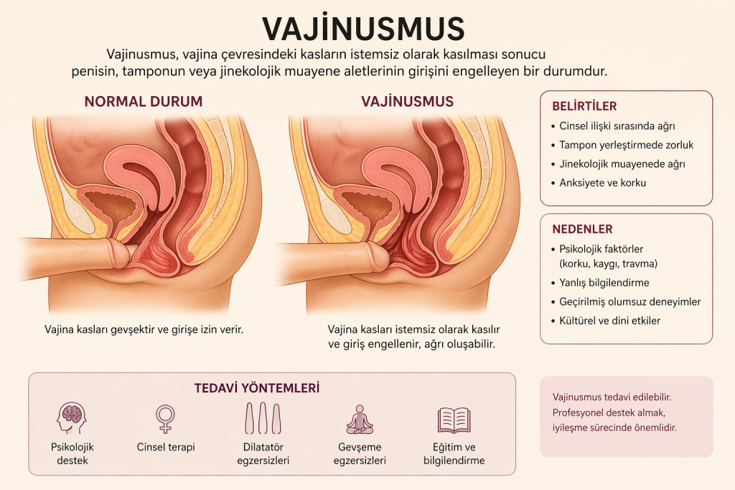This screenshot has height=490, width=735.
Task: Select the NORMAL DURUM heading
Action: (x=144, y=101)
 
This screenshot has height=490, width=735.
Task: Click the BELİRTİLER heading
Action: (x=584, y=106)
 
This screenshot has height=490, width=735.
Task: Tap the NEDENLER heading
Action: (x=582, y=230)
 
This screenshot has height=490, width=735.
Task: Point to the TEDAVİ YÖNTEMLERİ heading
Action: (x=257, y=388)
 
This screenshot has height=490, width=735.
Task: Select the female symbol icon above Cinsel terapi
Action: (x=166, y=418)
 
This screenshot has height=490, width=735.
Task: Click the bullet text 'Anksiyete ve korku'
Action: (x=603, y=182)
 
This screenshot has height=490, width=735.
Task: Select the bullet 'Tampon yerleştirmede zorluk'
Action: (x=627, y=145)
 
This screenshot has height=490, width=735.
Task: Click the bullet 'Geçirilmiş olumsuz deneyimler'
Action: (x=630, y=301)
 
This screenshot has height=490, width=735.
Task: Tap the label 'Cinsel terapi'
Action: (x=166, y=447)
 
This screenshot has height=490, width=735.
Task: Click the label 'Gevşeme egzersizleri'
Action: (x=360, y=453)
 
